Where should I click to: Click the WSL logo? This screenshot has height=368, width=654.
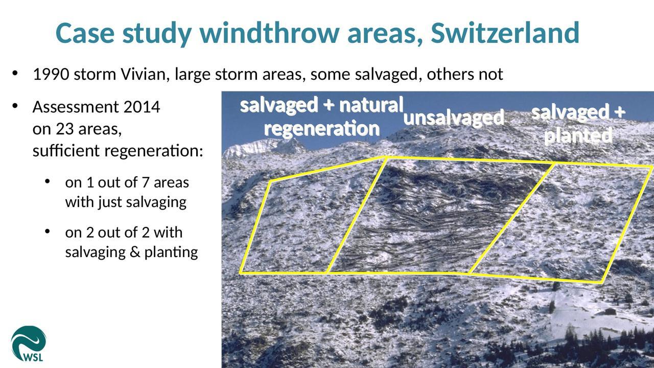(x=28, y=344)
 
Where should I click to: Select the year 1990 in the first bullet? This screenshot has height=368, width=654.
(x=51, y=74)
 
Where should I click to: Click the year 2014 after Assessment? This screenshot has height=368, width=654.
(x=142, y=107)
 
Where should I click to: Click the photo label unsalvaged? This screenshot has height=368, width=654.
(x=454, y=118)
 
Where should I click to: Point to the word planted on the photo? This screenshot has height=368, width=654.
(x=578, y=136)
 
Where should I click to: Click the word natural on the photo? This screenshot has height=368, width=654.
(x=371, y=105)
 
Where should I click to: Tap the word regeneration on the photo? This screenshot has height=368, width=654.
(x=322, y=128)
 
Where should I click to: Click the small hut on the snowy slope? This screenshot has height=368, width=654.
(x=610, y=311)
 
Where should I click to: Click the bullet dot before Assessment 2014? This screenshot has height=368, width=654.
(x=15, y=106)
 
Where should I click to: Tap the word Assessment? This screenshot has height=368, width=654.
(x=76, y=107)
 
